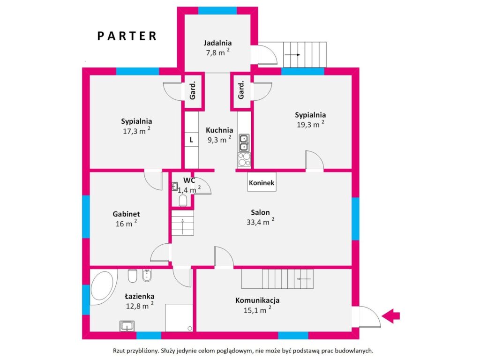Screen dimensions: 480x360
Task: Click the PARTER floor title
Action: pyautogui.click(x=127, y=36)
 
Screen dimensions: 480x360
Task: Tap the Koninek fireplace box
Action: pyautogui.click(x=262, y=182)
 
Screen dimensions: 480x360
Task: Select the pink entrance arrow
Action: pyautogui.click(x=391, y=315)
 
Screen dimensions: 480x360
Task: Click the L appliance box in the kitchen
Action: pyautogui.click(x=191, y=140)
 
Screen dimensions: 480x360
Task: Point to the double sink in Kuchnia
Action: pyautogui.click(x=244, y=143)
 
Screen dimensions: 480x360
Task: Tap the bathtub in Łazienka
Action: pyautogui.click(x=102, y=287)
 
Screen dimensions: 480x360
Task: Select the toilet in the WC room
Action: pyautogui.click(x=183, y=201)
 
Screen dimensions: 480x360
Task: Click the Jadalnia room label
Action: pyautogui.click(x=217, y=43)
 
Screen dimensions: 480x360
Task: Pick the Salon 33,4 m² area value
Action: pyautogui.click(x=261, y=222)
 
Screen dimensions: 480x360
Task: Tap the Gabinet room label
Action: pyautogui.click(x=126, y=214)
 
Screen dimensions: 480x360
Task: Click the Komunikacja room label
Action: pyautogui.click(x=257, y=300)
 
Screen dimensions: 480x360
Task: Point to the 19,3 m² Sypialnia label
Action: pyautogui.click(x=310, y=124)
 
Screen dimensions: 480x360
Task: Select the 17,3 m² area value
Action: pyautogui.click(x=136, y=131)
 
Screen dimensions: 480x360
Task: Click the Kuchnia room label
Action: pyautogui.click(x=219, y=130)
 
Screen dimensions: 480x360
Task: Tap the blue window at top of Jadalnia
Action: pyautogui.click(x=217, y=11)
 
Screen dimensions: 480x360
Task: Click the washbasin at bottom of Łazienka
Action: pyautogui.click(x=127, y=326)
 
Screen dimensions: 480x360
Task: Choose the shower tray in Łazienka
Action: pyautogui.click(x=179, y=317)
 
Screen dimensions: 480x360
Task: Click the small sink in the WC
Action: pyautogui.click(x=175, y=186)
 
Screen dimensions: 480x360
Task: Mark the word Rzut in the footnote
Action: pyautogui.click(x=119, y=351)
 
